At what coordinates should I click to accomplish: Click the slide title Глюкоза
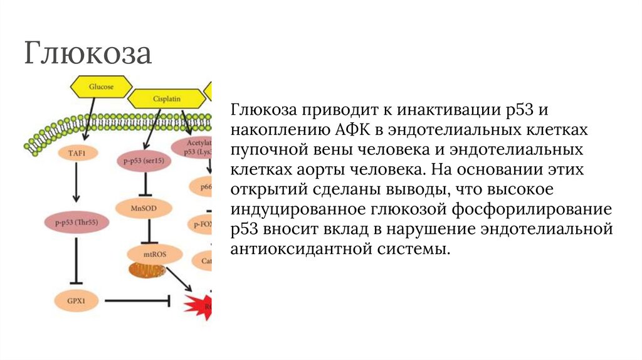pyautogui.click(x=88, y=53)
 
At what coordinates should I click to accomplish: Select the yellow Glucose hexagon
pyautogui.click(x=101, y=87)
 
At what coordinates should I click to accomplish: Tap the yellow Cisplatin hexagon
pyautogui.click(x=166, y=99)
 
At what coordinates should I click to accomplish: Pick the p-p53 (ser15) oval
pyautogui.click(x=144, y=161)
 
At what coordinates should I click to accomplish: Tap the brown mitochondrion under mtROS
pyautogui.click(x=146, y=270)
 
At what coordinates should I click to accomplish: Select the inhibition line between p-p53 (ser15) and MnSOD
pyautogui.click(x=144, y=185)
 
